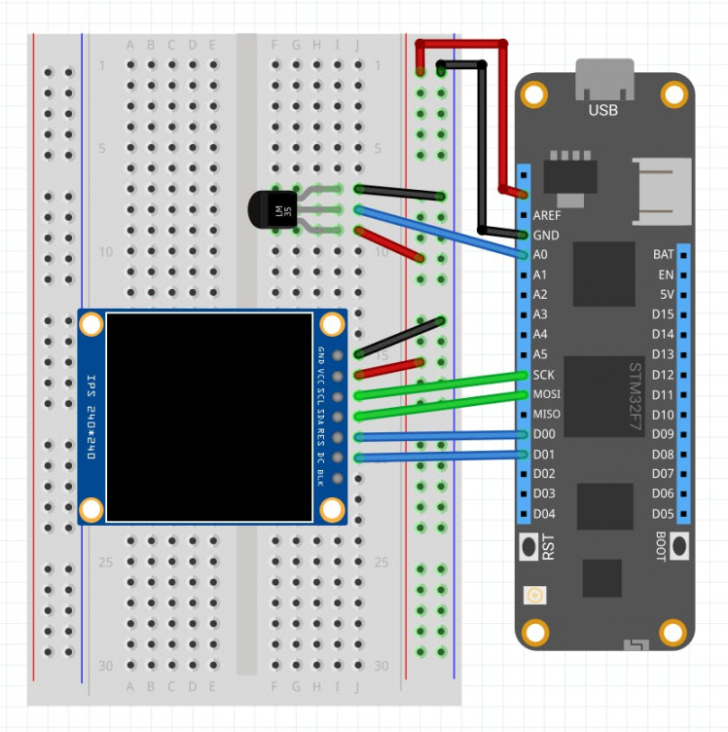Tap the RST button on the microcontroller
(x=529, y=546)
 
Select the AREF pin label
(x=546, y=215)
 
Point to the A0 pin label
(x=541, y=255)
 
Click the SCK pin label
(x=544, y=375)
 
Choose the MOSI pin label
(x=546, y=394)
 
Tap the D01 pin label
(x=544, y=455)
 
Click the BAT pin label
(x=663, y=255)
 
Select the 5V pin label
(x=666, y=295)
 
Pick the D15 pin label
(x=663, y=314)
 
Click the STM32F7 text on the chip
(x=635, y=394)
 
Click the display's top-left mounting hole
(x=91, y=324)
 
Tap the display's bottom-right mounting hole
(x=332, y=509)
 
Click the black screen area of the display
(x=209, y=417)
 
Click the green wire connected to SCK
(x=438, y=385)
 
